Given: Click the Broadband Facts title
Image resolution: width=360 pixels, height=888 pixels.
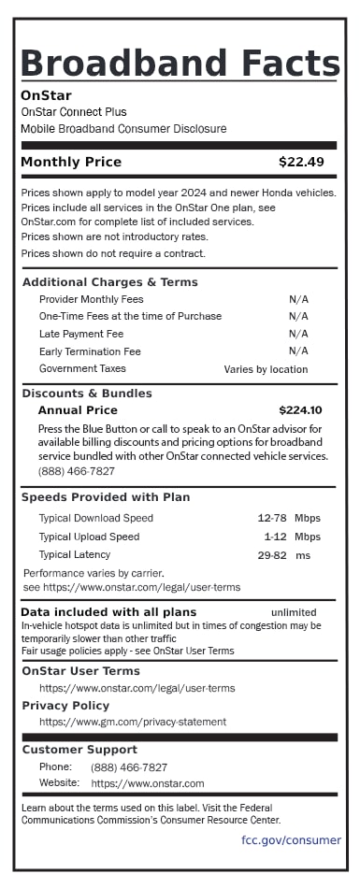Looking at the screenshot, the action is tap(180, 63).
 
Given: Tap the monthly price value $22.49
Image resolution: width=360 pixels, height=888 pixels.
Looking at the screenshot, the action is tap(301, 162).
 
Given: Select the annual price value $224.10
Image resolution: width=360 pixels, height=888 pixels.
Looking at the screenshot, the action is tap(300, 409).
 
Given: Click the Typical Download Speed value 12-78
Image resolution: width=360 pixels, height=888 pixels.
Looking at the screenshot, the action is tap(271, 518).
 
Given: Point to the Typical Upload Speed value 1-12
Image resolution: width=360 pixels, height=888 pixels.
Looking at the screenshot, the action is tap(274, 537).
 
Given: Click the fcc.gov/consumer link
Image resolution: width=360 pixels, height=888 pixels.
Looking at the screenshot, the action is tap(291, 839).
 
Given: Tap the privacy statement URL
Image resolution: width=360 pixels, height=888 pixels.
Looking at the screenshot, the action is tap(132, 722).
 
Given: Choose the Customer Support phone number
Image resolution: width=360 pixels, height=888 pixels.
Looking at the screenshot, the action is tap(129, 766).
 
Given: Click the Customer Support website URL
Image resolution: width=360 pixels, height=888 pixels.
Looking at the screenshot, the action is tap(148, 783).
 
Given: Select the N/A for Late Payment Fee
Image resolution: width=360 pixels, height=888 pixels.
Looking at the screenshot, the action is tap(298, 334).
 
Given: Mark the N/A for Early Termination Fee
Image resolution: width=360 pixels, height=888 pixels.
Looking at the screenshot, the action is tap(298, 351).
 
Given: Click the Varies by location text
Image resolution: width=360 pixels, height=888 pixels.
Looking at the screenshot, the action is tap(266, 369).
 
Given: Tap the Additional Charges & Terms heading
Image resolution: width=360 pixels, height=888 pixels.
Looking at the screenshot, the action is tap(109, 282).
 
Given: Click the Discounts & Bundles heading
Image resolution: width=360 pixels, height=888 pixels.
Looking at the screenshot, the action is tap(87, 394).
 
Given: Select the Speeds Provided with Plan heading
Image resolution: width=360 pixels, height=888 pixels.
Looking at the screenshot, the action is tap(106, 497).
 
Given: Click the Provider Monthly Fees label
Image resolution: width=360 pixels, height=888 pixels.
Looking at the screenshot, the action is tap(92, 299).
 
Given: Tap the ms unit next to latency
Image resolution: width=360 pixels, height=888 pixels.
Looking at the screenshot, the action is tap(303, 555).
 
